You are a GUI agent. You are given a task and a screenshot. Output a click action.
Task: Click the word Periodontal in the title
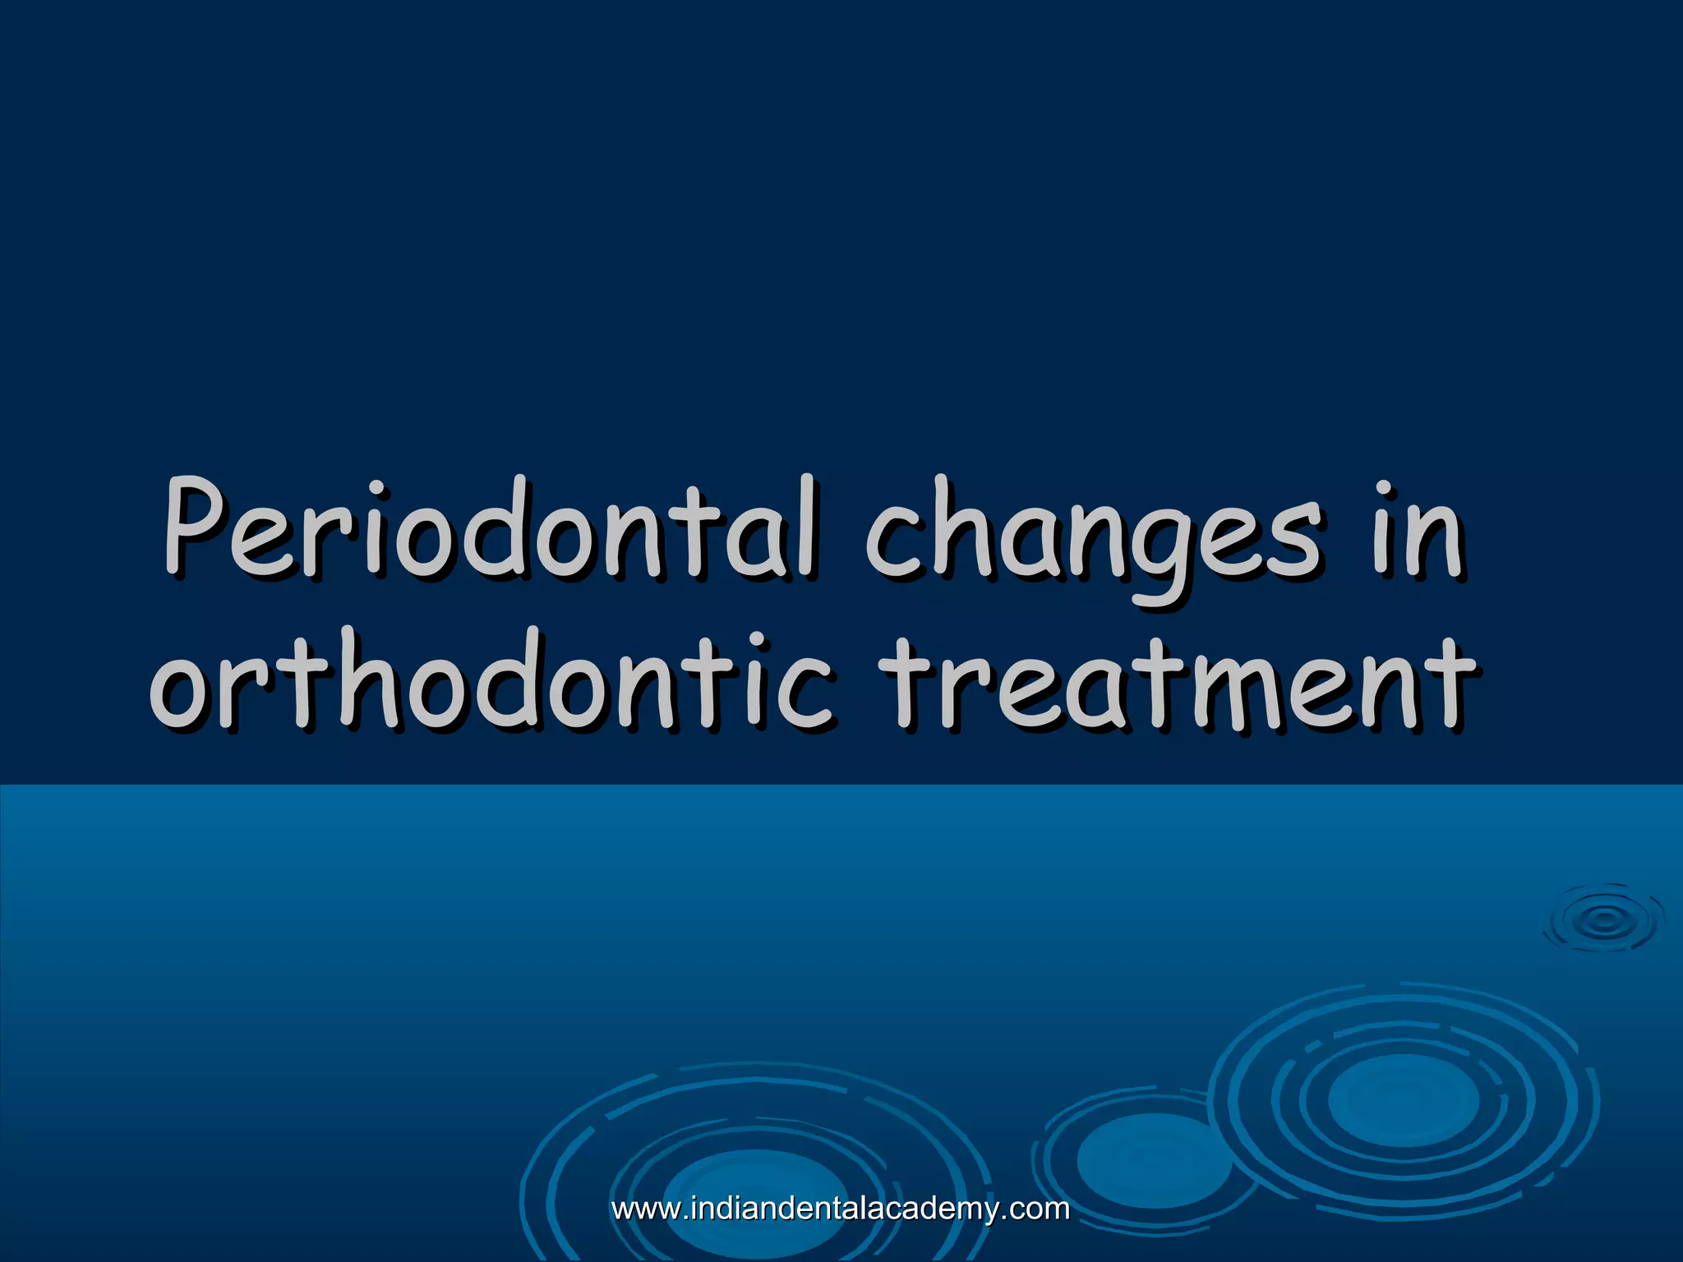tap(491, 530)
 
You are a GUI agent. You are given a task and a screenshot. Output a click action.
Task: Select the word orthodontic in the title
tap(493, 682)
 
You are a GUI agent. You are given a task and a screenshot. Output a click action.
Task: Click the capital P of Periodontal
tap(196, 526)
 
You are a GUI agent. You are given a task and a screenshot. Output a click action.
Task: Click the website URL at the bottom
tap(841, 1209)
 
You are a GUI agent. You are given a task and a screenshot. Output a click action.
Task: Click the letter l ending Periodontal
tap(808, 526)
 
